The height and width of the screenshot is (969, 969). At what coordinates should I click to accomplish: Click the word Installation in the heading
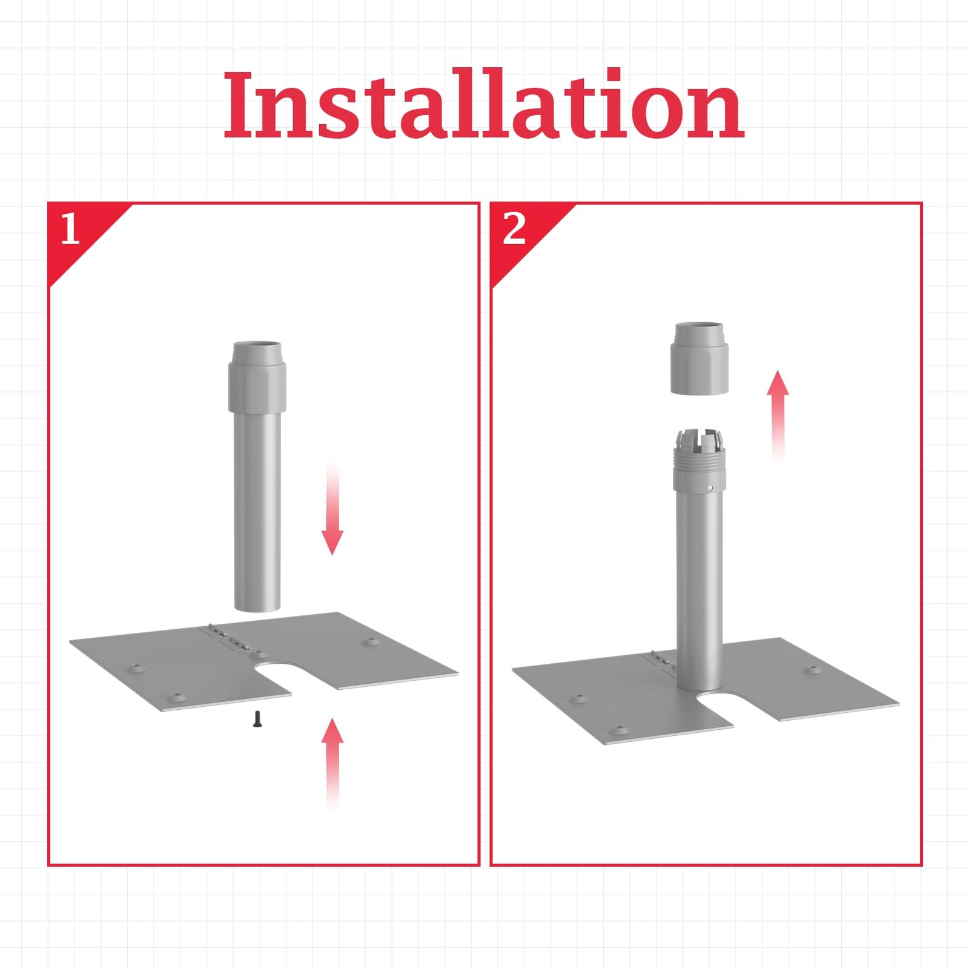coord(484,104)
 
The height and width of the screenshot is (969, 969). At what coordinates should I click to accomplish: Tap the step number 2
coord(514,229)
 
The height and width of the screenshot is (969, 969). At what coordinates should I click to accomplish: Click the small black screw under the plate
coord(257,719)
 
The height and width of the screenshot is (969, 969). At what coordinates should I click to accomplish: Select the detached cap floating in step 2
coord(699,359)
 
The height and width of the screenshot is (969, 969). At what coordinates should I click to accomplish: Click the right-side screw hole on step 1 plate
coord(369,641)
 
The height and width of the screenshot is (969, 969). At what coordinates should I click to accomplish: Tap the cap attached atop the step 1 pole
coord(257,377)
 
